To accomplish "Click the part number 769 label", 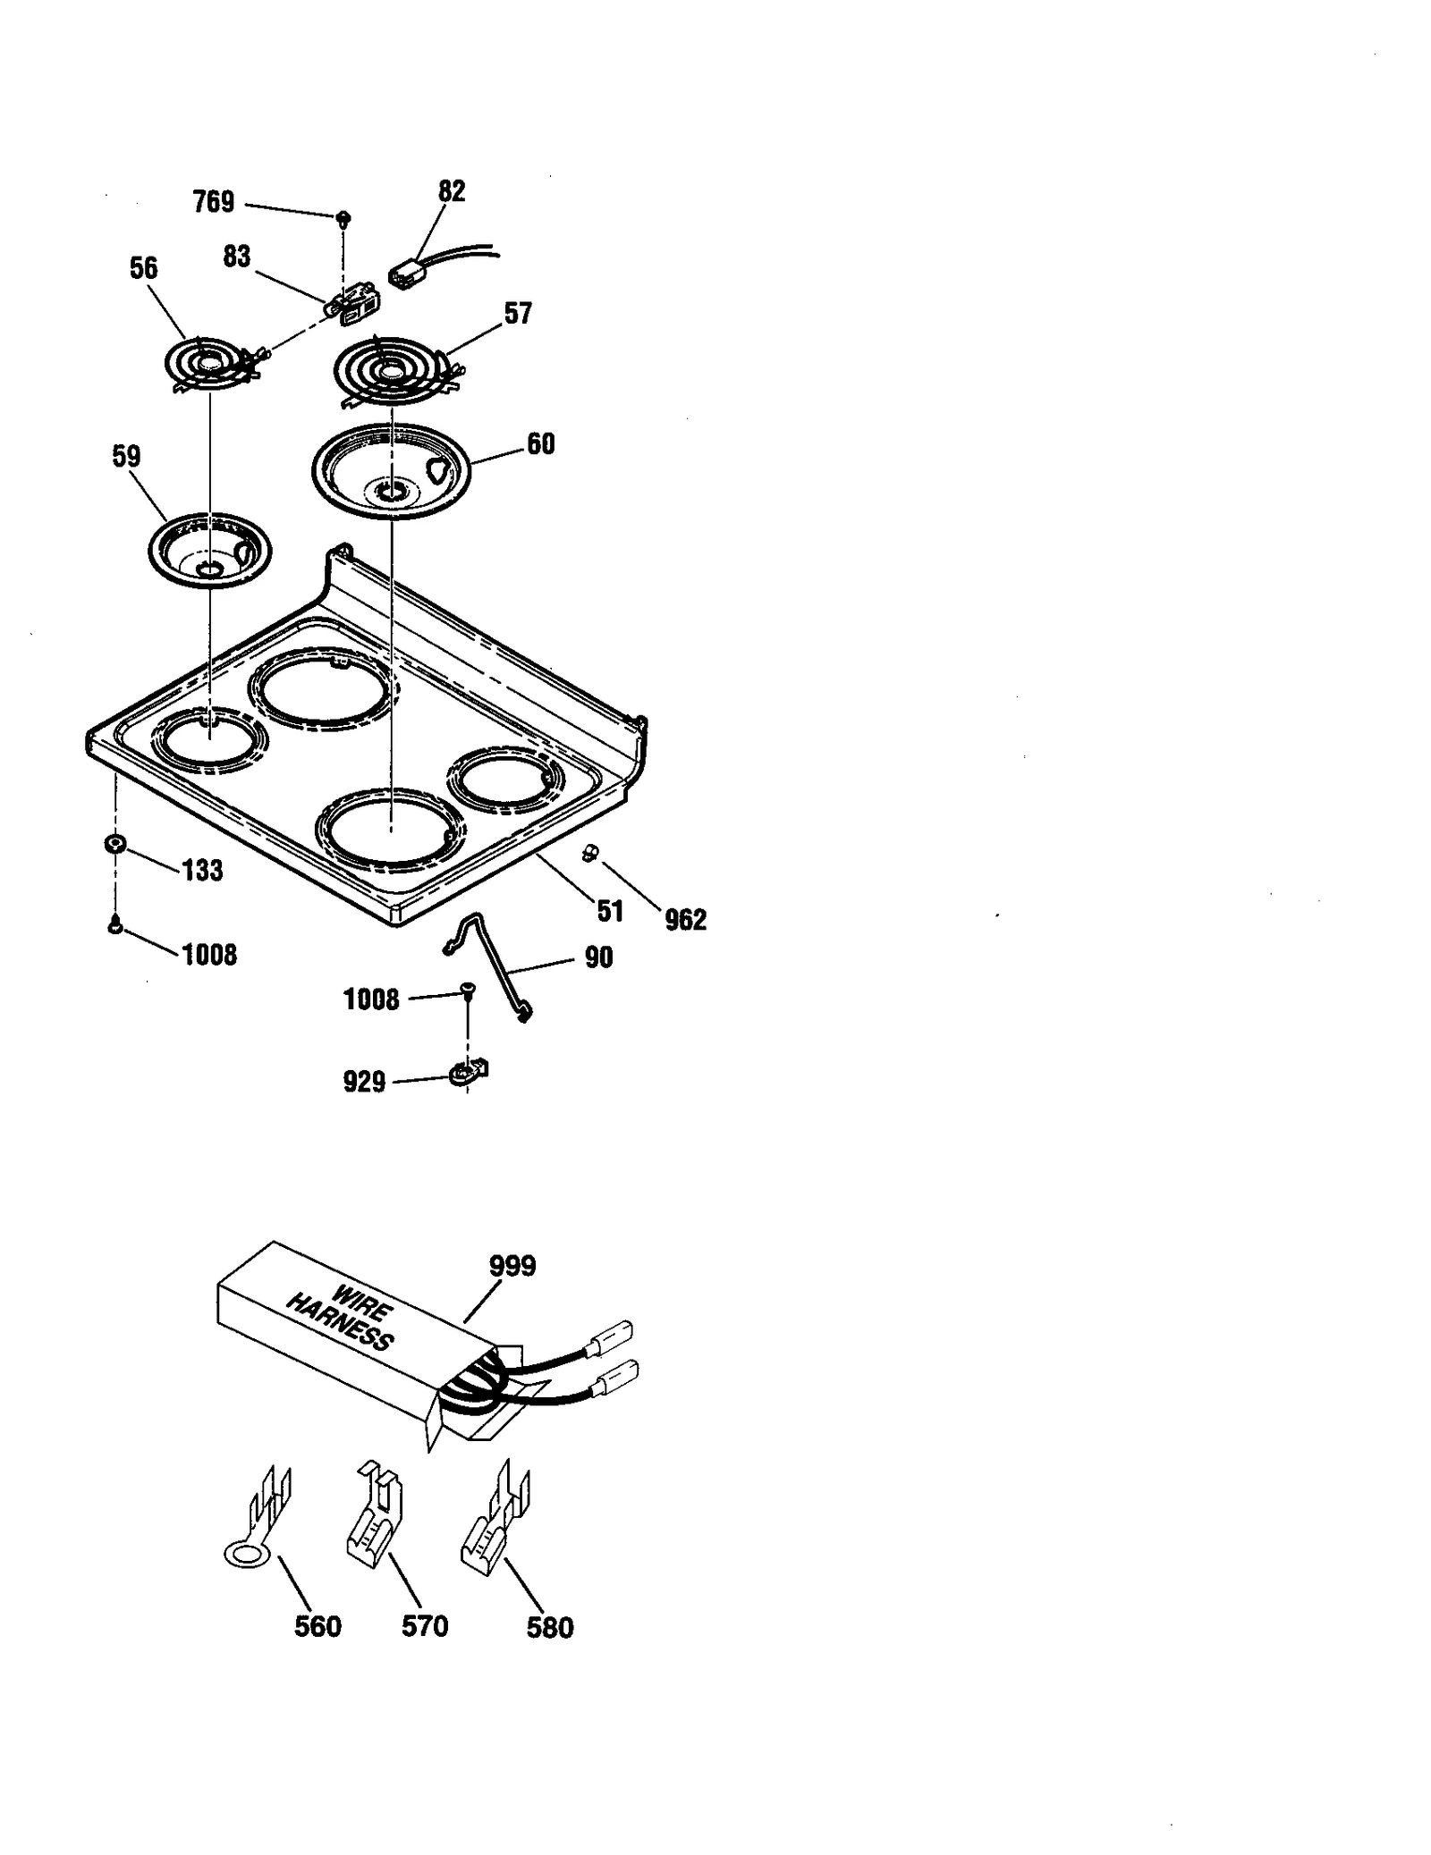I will coord(214,203).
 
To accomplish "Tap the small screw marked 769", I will coord(343,218).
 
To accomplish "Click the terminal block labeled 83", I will coord(351,302).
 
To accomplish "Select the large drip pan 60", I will coord(392,470).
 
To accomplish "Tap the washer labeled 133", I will coord(114,843).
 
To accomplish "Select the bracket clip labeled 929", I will coord(468,1072).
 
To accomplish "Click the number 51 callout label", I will coord(610,911).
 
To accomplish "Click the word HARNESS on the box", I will coord(340,1324).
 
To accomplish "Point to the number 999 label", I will coord(512,1266).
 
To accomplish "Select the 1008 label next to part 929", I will coord(371,999).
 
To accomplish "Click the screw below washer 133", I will coord(114,925).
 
